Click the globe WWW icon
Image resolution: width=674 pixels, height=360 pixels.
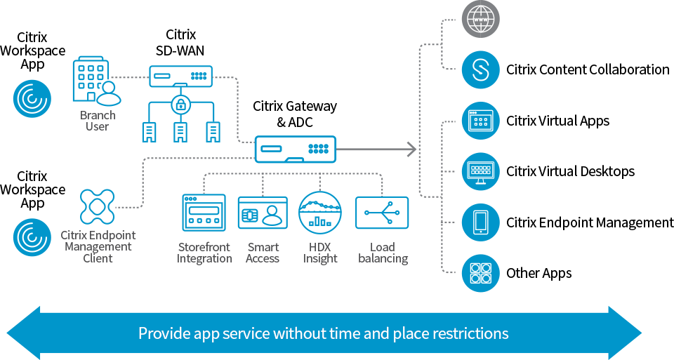(x=481, y=20)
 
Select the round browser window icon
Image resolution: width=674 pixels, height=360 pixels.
(x=481, y=121)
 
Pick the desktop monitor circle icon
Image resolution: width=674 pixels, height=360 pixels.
(x=481, y=171)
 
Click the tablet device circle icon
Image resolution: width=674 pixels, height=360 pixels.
(x=481, y=222)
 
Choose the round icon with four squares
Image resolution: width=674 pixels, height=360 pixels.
(x=481, y=272)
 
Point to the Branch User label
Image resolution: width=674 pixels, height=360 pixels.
(x=98, y=121)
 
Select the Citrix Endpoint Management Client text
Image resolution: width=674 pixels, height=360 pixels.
(x=98, y=247)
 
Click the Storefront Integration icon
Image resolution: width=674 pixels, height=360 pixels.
(x=204, y=213)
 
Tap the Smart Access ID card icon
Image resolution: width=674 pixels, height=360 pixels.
(x=263, y=213)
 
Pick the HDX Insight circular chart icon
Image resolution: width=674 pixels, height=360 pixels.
(x=320, y=213)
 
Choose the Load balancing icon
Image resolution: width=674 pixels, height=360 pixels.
(x=382, y=213)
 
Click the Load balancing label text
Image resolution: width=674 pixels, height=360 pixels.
(x=383, y=253)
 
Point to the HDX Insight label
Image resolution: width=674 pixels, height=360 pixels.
(x=320, y=253)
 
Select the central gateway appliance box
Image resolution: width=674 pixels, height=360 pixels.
(x=296, y=149)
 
